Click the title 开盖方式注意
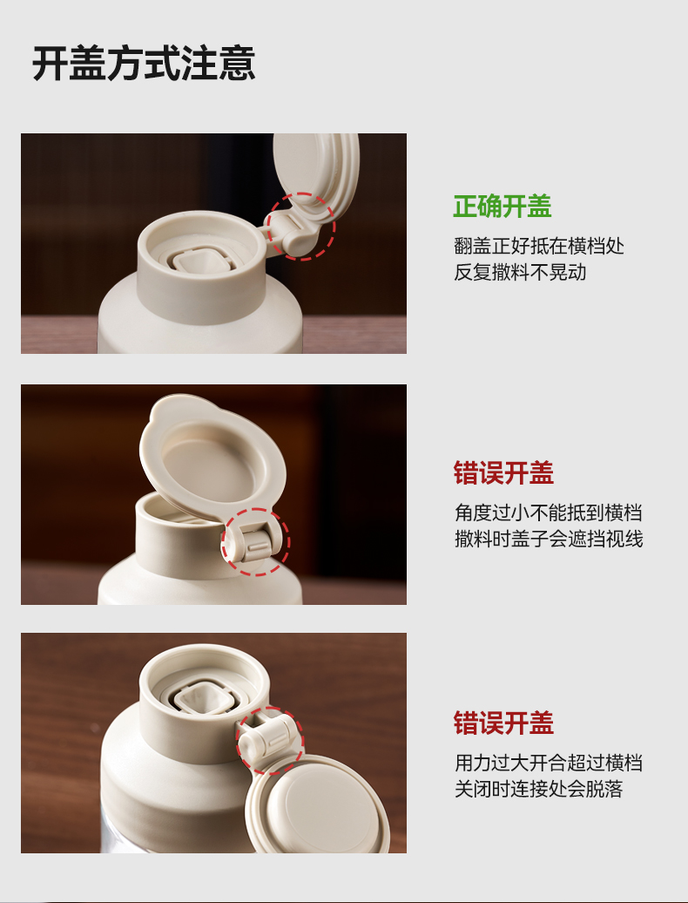click(x=144, y=64)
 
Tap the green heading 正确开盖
click(x=503, y=207)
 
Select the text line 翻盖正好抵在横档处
click(x=539, y=246)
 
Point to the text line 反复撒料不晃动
click(x=520, y=272)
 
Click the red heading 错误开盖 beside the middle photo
click(x=503, y=472)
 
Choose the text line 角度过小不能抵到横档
click(x=548, y=513)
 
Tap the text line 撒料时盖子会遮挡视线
click(x=549, y=539)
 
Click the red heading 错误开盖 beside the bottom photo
click(x=503, y=723)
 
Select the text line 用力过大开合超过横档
click(x=549, y=763)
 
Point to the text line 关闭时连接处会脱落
click(x=539, y=789)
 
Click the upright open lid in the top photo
click(x=315, y=173)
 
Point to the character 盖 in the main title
click(x=88, y=64)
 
